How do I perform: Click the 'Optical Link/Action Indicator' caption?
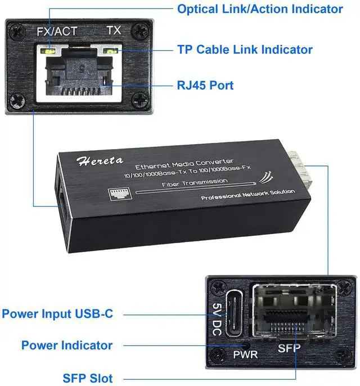pos(260,9)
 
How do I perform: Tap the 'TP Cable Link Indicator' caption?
pos(245,50)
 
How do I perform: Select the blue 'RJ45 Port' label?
pos(205,86)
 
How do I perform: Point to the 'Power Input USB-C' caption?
pos(57,313)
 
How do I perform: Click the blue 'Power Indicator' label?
pos(67,345)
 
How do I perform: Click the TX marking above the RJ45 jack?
pos(114,30)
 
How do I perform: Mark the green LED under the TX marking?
pos(114,51)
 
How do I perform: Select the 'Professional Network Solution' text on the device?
pos(247,193)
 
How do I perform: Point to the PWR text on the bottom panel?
pos(246,356)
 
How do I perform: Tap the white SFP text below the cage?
pos(289,348)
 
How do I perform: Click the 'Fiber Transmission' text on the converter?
pos(194,182)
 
